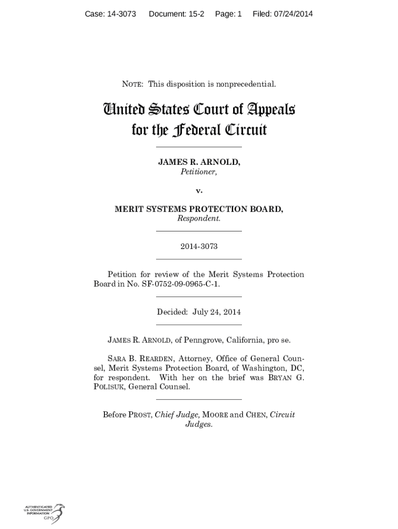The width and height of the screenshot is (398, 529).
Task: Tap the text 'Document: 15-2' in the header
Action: [176, 14]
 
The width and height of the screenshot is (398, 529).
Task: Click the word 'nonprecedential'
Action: [245, 84]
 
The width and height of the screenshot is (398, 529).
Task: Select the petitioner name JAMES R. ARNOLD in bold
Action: [198, 162]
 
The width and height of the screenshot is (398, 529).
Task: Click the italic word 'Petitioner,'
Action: [198, 172]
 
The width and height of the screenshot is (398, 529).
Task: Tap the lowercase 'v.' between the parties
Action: [198, 191]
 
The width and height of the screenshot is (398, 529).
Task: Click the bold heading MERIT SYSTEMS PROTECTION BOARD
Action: [198, 209]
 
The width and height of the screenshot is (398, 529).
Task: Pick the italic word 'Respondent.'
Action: [198, 219]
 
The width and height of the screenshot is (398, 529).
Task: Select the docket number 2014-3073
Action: [198, 246]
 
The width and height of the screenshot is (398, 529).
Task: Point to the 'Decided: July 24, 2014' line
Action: [198, 312]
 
